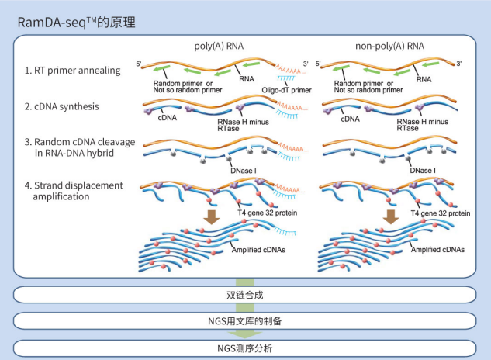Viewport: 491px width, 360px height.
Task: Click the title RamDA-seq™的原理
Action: (x=77, y=22)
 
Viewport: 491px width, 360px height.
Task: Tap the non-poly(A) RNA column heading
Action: (x=389, y=46)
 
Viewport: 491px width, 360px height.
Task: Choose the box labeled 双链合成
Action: (x=245, y=294)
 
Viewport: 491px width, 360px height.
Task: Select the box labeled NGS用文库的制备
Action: (x=245, y=320)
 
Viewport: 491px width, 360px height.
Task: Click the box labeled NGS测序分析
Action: (x=245, y=347)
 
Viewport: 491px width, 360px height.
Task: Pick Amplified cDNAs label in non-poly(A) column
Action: (x=439, y=251)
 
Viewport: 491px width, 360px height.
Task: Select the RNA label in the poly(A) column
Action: (x=247, y=78)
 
